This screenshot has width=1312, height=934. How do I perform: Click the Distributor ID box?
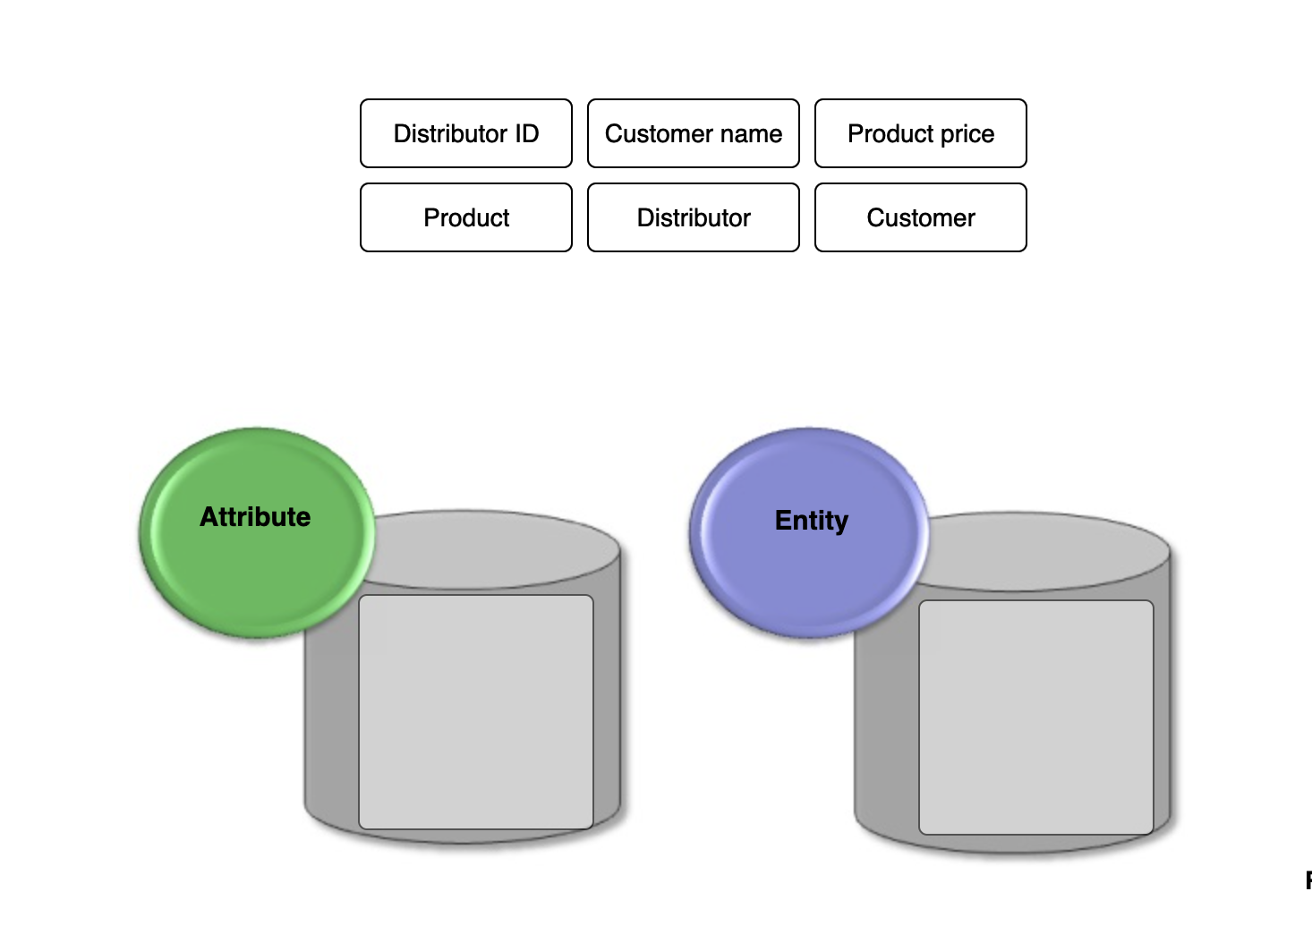click(x=465, y=133)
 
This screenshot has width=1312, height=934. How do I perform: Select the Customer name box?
click(x=693, y=133)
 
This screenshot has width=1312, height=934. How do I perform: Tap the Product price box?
click(x=920, y=133)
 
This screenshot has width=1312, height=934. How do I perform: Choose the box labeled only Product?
click(x=465, y=217)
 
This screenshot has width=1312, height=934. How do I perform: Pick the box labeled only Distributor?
click(x=693, y=217)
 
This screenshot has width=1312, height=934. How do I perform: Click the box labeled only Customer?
click(x=920, y=217)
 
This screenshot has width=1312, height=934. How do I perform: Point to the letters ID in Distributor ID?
click(x=525, y=133)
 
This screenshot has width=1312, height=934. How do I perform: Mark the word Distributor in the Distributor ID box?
click(x=451, y=133)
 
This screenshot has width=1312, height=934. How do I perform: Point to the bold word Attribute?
click(x=255, y=517)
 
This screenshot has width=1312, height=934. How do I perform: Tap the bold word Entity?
click(x=811, y=521)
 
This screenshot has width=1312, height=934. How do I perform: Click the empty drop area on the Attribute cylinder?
click(x=475, y=712)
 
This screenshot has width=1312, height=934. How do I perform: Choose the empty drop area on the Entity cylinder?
click(x=1035, y=717)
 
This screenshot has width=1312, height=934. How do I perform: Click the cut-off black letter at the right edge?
click(x=1308, y=880)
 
